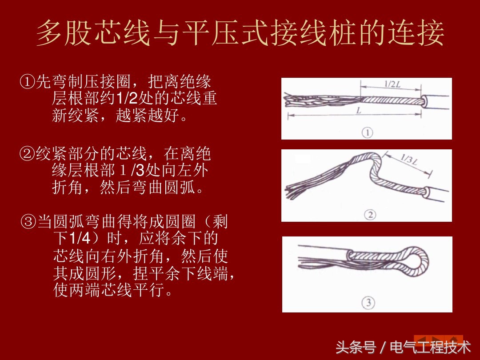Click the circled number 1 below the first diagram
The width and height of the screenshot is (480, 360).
pyautogui.click(x=367, y=132)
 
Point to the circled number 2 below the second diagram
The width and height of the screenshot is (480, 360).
pyautogui.click(x=370, y=215)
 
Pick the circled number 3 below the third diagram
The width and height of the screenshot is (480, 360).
pyautogui.click(x=368, y=303)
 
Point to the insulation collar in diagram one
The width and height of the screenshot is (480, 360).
pyautogui.click(x=426, y=101)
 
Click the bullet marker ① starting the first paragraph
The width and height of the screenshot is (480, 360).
pyautogui.click(x=27, y=82)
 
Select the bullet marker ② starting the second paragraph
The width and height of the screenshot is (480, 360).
pyautogui.click(x=27, y=155)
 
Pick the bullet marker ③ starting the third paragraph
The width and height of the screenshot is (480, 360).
pyautogui.click(x=29, y=221)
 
